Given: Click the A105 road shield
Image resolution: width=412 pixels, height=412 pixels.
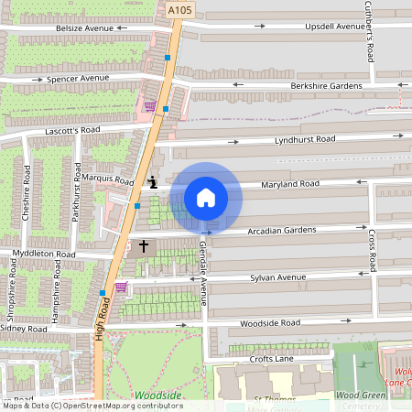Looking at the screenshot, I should click(x=179, y=9).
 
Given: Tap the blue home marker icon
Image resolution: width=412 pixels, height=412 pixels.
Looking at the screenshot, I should click(x=206, y=198).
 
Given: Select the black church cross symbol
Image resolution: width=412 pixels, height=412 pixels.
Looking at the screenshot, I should click(x=143, y=246).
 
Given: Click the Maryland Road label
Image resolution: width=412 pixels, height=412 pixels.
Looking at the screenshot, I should click(x=289, y=185).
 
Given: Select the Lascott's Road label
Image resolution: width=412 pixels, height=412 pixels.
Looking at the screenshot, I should click(x=71, y=131).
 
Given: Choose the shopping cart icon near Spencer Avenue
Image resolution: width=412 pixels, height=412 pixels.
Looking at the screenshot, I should click(x=148, y=106).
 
